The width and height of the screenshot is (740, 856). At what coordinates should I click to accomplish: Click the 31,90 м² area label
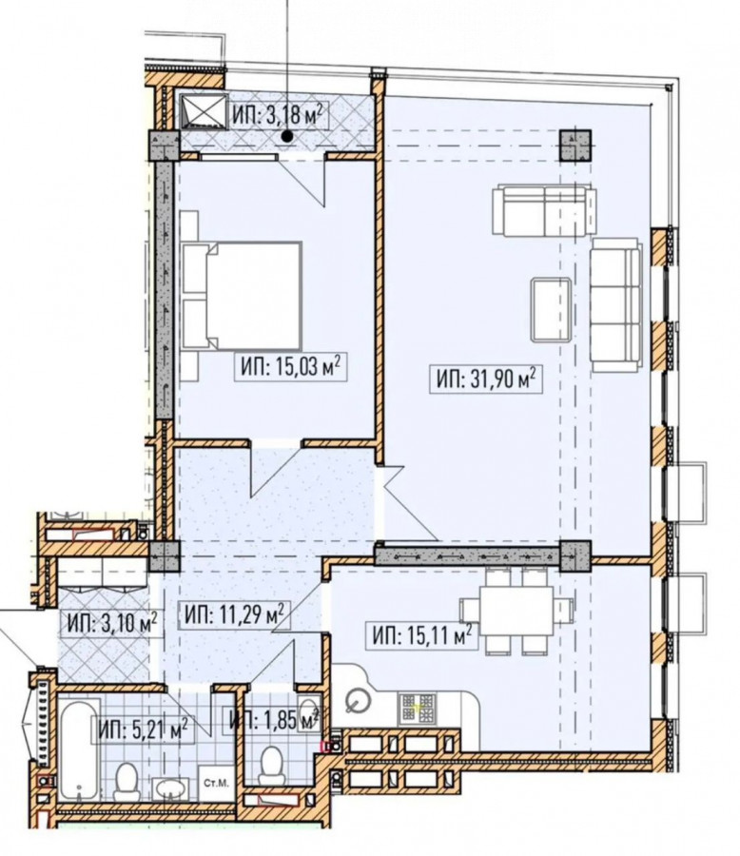pyautogui.click(x=485, y=379)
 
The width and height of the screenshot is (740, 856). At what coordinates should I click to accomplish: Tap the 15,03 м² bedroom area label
pyautogui.click(x=290, y=366)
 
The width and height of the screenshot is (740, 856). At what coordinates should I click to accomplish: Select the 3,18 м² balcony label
pyautogui.click(x=281, y=115)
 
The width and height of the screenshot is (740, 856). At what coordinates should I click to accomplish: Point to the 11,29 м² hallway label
pyautogui.click(x=234, y=614)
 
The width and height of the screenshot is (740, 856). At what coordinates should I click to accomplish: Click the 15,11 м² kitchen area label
pyautogui.click(x=420, y=635)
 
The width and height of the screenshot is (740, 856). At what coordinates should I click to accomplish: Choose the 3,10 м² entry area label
pyautogui.click(x=112, y=623)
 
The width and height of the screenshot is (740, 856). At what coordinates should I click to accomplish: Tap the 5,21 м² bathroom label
pyautogui.click(x=144, y=730)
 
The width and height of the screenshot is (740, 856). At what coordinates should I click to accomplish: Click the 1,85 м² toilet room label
pyautogui.click(x=274, y=720)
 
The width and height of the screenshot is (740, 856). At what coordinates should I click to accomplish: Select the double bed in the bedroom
pyautogui.click(x=242, y=296)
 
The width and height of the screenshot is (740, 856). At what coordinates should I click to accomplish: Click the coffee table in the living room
pyautogui.click(x=552, y=309)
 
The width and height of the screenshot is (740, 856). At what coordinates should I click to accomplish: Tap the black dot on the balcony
pyautogui.click(x=286, y=136)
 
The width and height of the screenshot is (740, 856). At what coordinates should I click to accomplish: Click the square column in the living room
pyautogui.click(x=575, y=146)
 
